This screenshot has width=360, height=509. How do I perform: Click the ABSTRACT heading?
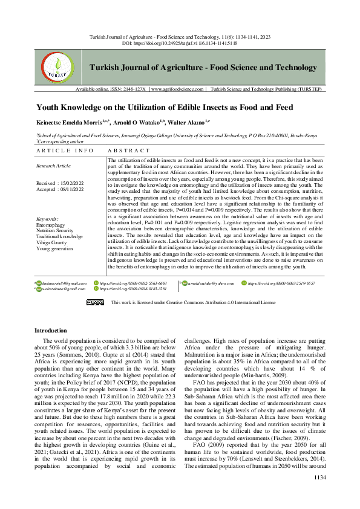pos(128,150)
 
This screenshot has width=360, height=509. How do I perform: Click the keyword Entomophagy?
pos(50,224)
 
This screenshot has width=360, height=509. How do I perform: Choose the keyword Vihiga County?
pos(51,241)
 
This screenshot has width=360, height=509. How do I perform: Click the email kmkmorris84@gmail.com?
pos(65,283)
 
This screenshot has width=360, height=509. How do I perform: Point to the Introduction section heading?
pos(51,331)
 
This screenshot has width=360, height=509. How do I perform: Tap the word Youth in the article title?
pos(50,107)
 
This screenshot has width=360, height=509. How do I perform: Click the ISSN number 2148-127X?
pos(134,89)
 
